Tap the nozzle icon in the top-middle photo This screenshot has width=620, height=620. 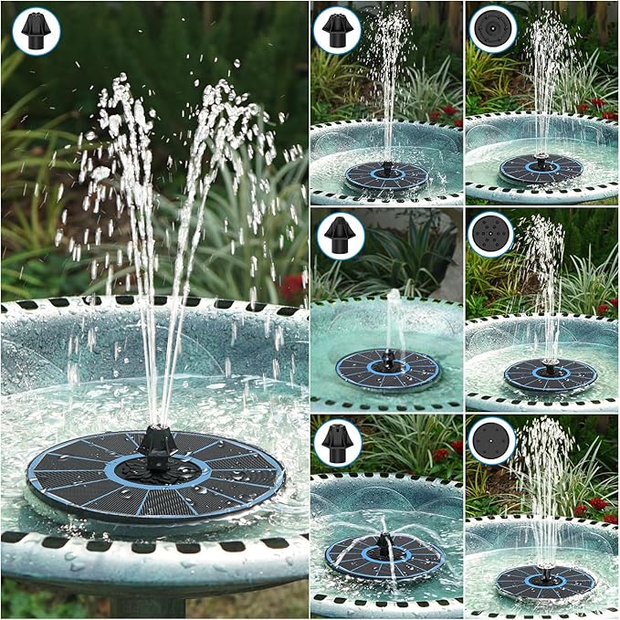click(x=337, y=29)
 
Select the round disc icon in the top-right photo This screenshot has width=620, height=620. click(x=492, y=28)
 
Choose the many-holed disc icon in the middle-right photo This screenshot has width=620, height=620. click(x=491, y=235)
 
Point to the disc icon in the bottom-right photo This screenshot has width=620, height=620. click(x=491, y=441)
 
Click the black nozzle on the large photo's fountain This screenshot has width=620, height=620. click(x=157, y=444)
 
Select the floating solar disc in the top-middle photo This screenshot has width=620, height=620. click(x=386, y=175)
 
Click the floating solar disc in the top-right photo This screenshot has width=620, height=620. click(x=541, y=169)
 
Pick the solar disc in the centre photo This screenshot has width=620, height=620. click(x=387, y=368)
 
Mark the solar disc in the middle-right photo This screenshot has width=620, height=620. click(x=551, y=374)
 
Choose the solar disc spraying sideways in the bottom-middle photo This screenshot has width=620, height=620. click(x=384, y=556)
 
